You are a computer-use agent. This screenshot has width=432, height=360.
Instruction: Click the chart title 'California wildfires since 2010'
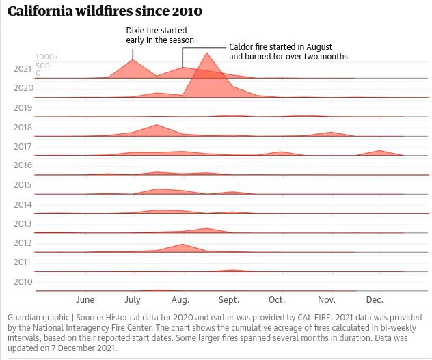(105, 12)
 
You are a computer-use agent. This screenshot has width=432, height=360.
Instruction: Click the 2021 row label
(23, 69)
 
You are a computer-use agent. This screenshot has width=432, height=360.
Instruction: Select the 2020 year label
(23, 88)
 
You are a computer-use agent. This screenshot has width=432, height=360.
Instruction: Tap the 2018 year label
(23, 127)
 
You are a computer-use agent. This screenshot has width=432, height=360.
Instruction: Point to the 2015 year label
(23, 185)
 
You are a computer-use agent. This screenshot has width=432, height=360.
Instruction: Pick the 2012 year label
(23, 243)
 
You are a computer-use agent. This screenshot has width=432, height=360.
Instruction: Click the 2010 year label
(23, 281)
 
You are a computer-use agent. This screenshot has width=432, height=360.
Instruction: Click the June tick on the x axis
(85, 300)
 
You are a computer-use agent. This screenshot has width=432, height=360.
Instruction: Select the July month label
(133, 300)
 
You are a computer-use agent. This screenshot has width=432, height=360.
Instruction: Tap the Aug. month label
(180, 300)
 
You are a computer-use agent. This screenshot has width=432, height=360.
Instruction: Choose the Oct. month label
(277, 300)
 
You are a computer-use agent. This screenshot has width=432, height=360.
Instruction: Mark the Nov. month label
(326, 300)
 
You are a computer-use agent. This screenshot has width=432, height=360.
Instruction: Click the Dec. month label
(375, 300)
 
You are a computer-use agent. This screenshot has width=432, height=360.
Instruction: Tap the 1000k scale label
(47, 57)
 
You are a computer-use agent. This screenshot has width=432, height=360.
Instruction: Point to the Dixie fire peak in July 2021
(133, 60)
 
